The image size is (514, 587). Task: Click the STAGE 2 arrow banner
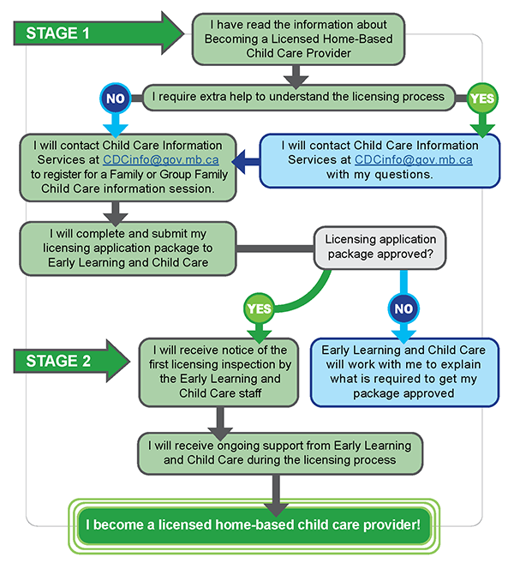point(69,360)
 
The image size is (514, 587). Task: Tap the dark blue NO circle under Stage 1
point(114,98)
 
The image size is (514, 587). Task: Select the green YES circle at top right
point(483,98)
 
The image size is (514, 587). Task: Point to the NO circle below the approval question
point(403,307)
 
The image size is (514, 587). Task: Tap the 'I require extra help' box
point(300,97)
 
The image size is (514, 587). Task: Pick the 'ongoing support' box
point(279,452)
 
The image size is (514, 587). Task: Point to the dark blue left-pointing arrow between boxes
point(247,159)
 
